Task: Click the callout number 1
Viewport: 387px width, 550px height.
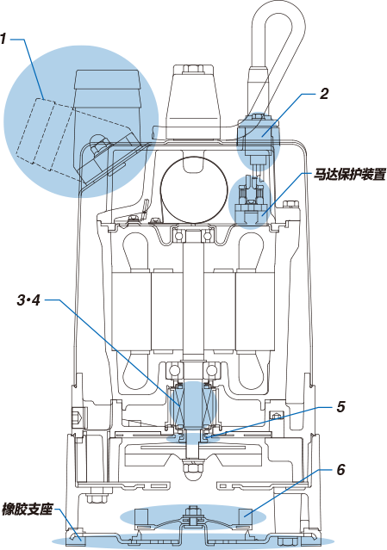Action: click(x=3, y=39)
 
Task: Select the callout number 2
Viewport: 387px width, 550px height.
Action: click(x=324, y=94)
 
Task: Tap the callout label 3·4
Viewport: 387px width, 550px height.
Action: click(x=28, y=300)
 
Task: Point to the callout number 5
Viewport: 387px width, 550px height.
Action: click(x=340, y=406)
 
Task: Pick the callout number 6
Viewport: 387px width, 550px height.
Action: click(x=340, y=470)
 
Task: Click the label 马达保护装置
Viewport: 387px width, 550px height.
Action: click(x=350, y=175)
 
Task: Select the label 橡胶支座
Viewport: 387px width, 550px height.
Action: click(x=27, y=509)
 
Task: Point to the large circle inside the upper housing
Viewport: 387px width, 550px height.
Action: click(x=193, y=189)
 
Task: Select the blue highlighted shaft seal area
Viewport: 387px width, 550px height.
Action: click(x=192, y=406)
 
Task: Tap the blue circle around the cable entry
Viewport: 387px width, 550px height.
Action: click(x=258, y=141)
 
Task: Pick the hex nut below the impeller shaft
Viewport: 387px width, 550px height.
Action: click(x=192, y=468)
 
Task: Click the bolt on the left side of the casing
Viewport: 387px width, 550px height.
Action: click(x=77, y=417)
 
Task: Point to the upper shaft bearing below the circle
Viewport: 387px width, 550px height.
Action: click(x=193, y=236)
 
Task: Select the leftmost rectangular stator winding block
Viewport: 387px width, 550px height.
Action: click(x=131, y=311)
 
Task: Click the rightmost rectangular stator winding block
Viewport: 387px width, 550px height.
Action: click(x=255, y=311)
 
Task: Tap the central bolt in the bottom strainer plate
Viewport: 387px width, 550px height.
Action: click(x=192, y=516)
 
